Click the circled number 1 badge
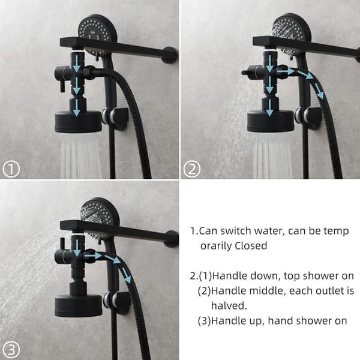click(11, 169)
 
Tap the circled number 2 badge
click(192, 169)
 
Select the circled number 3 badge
click(11, 350)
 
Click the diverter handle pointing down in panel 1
click(62, 86)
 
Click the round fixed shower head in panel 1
click(78, 122)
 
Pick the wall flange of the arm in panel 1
click(170, 55)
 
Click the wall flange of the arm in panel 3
click(171, 239)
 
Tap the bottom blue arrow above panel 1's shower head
click(76, 108)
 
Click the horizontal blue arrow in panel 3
click(93, 256)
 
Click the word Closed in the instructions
click(251, 246)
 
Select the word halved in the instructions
click(229, 305)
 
